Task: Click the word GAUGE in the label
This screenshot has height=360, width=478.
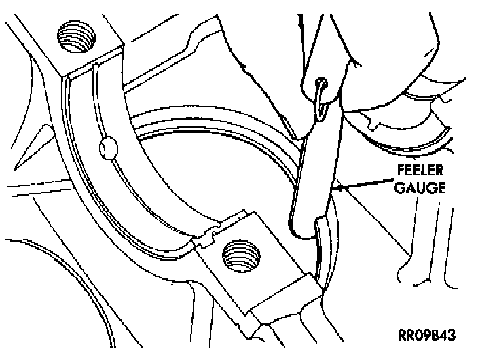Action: [421, 187]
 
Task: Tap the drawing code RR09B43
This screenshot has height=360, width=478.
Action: [427, 335]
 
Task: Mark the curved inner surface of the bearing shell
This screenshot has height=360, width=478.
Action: [143, 177]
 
